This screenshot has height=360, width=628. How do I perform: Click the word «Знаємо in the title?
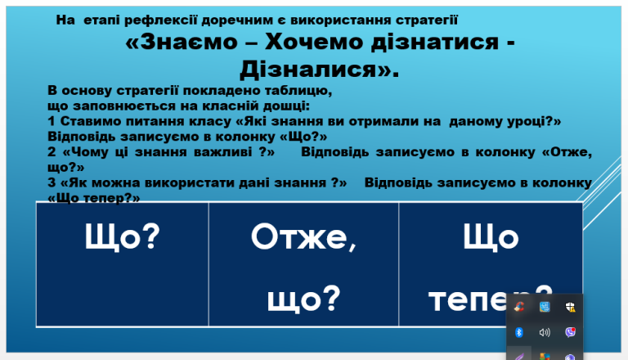(x=182, y=42)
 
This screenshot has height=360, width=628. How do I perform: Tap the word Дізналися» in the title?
(x=319, y=69)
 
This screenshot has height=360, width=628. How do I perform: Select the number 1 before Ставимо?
(x=52, y=121)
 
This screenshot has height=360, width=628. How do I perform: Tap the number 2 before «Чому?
(x=52, y=152)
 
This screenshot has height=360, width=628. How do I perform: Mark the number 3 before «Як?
(x=52, y=182)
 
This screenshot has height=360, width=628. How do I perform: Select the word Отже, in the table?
(x=303, y=237)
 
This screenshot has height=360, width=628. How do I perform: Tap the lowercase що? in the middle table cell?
(x=303, y=299)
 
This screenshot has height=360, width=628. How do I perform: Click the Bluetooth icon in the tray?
(x=519, y=332)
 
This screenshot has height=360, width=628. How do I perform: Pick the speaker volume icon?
(x=545, y=332)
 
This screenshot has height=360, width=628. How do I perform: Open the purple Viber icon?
(x=570, y=332)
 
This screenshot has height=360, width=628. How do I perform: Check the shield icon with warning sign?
(x=570, y=307)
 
